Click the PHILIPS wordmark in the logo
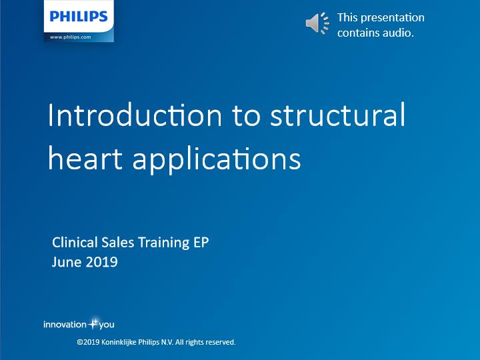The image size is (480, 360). coord(79,16)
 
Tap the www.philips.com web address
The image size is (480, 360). coord(71,37)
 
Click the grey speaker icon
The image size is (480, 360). coord(317,23)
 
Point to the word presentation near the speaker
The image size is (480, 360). coord(393,18)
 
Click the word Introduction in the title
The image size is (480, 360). coord(135,115)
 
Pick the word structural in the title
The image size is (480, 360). coord(337,115)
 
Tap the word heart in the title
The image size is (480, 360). coord(85,159)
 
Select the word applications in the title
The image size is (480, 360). coord(217,160)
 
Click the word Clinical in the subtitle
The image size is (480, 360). coord(75,242)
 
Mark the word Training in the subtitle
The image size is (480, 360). coord(164,243)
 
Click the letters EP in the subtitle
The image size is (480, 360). coord(201,243)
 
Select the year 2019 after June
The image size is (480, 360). coord(101,262)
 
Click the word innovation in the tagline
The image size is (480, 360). coord(65,325)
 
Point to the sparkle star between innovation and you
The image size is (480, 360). coord(93,323)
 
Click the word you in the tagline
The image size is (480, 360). coord(107,325)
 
